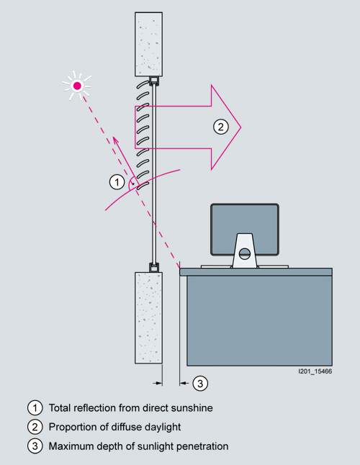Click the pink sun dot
(77, 86)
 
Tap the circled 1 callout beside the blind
(117, 182)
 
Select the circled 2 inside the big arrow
(221, 127)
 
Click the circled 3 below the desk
(200, 383)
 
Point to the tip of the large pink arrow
(240, 127)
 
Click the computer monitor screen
(245, 229)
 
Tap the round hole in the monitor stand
(245, 254)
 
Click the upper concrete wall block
(148, 44)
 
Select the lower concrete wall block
(148, 317)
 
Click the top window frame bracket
(154, 81)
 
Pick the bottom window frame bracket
(154, 268)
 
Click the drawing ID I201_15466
(315, 371)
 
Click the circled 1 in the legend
(35, 407)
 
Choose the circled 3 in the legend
(35, 446)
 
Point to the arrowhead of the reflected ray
(114, 138)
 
